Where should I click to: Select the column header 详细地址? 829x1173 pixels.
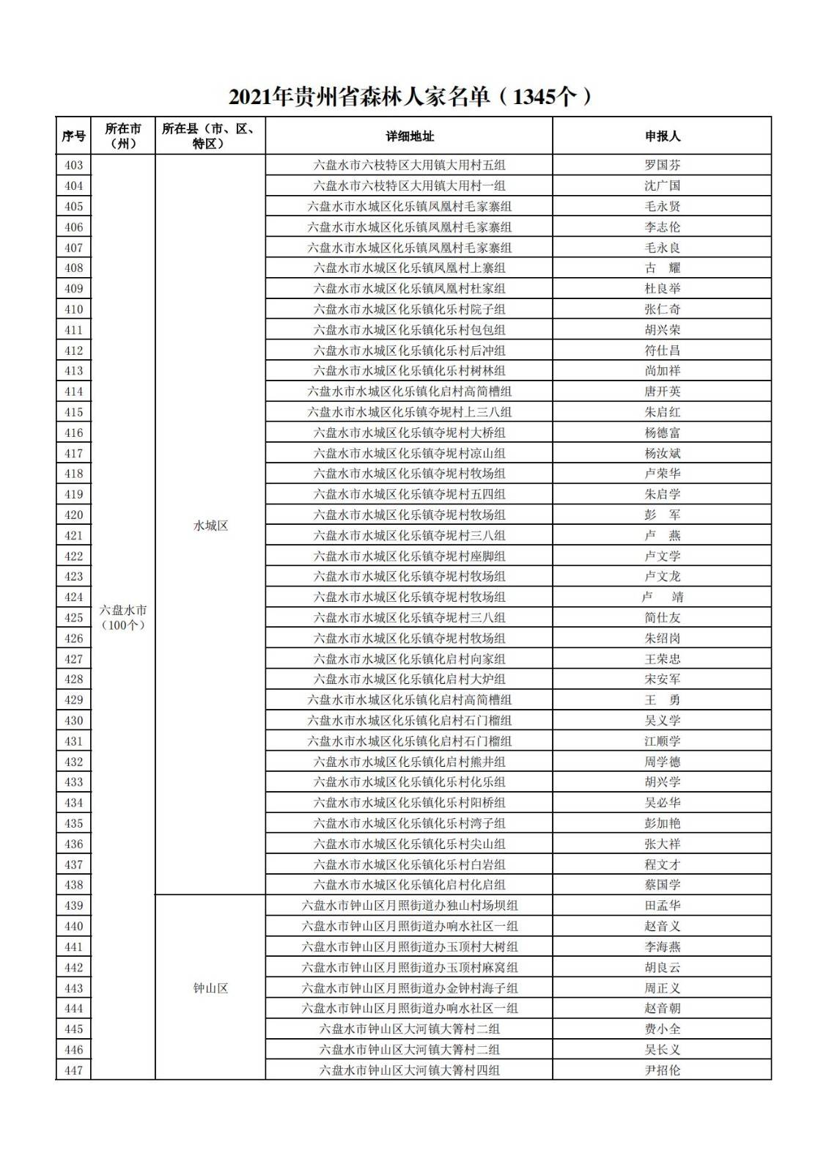pos(410,136)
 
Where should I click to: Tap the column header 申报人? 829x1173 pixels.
pos(662,136)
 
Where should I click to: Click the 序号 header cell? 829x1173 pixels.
pos(73,136)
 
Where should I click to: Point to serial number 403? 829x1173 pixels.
pos(73,165)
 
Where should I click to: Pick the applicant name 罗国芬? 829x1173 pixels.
pos(662,165)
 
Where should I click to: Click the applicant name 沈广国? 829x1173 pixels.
pos(662,185)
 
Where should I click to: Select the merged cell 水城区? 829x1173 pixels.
pos(210,526)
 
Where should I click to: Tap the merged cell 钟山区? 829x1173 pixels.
pos(210,988)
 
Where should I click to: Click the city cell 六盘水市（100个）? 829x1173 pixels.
pos(123,617)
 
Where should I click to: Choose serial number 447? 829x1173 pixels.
pos(73,1070)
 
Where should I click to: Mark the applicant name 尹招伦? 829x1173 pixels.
pos(662,1070)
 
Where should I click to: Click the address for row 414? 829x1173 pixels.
pos(410,391)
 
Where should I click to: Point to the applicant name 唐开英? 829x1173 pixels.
pos(662,391)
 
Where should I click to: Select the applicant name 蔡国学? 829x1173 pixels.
pos(662,885)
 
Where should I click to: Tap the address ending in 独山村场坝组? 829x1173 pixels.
pos(410,905)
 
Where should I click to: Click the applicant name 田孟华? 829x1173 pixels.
pos(662,905)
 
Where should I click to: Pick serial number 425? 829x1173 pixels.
pos(73,617)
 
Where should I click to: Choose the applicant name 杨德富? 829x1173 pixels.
pos(662,433)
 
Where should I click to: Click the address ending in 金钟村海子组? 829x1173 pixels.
pos(410,988)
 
